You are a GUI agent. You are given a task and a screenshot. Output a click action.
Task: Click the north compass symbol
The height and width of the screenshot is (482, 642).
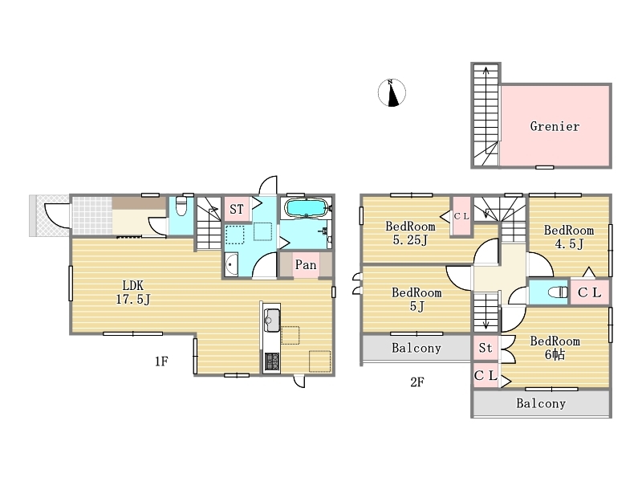click(x=392, y=92)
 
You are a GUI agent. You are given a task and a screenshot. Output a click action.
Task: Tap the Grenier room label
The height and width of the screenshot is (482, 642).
click(x=555, y=126)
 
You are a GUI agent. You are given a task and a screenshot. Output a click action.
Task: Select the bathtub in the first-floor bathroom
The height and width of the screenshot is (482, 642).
click(x=306, y=208)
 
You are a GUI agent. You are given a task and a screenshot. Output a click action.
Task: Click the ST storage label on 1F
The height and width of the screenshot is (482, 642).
click(x=237, y=210)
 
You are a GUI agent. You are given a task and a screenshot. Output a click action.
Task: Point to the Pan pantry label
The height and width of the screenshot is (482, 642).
click(x=306, y=265)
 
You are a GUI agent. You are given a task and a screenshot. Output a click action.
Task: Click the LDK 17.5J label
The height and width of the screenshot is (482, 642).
click(x=133, y=292)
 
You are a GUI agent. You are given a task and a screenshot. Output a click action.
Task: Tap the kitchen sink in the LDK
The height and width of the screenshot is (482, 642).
click(x=272, y=321)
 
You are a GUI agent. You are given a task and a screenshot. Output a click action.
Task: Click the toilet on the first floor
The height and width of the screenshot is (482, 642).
click(x=181, y=206)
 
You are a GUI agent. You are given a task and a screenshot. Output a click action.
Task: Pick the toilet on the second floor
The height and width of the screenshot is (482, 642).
click(x=558, y=292)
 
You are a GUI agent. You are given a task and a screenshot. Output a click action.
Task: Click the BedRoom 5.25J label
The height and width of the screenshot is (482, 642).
click(x=410, y=233)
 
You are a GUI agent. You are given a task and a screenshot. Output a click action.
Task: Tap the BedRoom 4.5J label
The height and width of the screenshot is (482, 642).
click(x=569, y=237)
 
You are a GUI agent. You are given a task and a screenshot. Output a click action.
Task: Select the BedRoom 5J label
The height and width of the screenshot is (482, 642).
click(x=416, y=299)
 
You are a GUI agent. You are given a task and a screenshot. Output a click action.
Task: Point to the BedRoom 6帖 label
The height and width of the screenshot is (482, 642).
click(x=555, y=348)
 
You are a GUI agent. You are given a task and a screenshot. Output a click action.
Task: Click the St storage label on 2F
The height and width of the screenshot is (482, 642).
click(x=486, y=348)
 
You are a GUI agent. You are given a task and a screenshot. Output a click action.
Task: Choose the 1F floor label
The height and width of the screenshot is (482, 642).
click(x=161, y=361)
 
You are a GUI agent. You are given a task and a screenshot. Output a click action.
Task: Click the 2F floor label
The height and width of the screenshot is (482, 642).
click(x=416, y=382)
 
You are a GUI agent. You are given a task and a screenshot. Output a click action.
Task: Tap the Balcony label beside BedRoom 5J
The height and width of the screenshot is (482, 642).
click(x=416, y=348)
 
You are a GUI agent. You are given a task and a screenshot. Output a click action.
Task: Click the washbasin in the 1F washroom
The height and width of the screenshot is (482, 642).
click(x=232, y=265)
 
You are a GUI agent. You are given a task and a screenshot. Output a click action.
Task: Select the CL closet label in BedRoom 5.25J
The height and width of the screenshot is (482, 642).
click(x=461, y=216)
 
